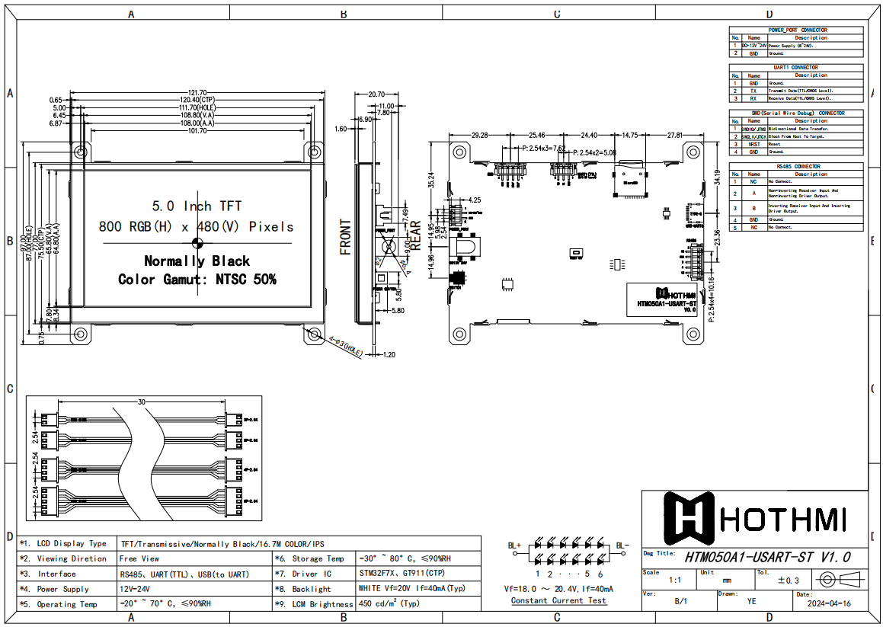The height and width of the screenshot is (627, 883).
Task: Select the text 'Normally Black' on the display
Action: [197, 261]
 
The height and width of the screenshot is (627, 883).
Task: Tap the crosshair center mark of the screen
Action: [197, 243]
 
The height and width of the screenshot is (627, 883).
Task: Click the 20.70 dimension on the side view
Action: [376, 94]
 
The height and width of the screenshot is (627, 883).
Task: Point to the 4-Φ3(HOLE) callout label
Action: [344, 346]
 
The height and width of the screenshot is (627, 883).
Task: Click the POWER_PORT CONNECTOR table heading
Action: [797, 30]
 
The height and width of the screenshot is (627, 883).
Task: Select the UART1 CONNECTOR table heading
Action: [797, 68]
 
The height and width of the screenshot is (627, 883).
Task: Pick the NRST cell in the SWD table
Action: [753, 144]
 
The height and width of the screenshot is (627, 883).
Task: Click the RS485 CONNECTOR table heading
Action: [797, 166]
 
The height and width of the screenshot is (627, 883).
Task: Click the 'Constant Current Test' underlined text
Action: [558, 600]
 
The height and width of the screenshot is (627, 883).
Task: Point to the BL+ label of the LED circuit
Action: [514, 545]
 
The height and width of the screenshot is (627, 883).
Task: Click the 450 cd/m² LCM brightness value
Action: [389, 603]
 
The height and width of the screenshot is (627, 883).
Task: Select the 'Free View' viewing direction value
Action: [139, 558]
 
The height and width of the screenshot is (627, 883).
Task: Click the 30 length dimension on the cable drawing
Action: [142, 401]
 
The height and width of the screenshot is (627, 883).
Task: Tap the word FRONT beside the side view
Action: [346, 237]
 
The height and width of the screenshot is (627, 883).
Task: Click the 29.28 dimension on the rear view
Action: [480, 135]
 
